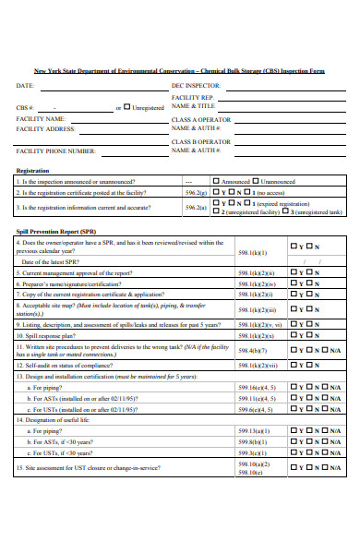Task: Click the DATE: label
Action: tap(25, 85)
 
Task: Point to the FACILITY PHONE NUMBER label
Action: tap(55, 151)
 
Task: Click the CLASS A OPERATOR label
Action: tap(201, 119)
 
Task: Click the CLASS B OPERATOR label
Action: tap(201, 141)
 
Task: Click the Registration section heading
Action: tap(32, 171)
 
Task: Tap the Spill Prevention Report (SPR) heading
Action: tap(56, 231)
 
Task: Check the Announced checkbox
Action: tap(216, 182)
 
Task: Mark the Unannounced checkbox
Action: tap(256, 182)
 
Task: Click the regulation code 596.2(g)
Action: tap(196, 193)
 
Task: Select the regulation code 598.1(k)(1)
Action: tap(252, 251)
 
